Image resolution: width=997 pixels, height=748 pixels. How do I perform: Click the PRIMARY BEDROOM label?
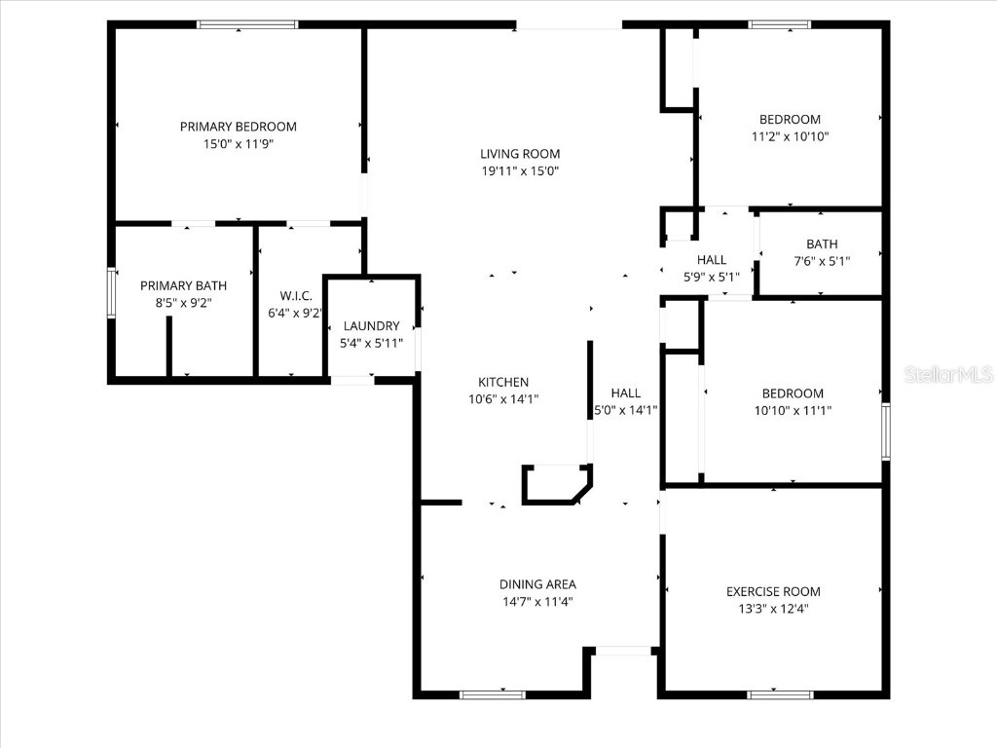tap(238, 127)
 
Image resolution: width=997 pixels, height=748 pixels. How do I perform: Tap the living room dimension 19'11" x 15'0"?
tap(520, 171)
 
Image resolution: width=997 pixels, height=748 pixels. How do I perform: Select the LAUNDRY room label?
tap(371, 325)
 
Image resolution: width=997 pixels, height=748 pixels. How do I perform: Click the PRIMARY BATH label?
tap(183, 285)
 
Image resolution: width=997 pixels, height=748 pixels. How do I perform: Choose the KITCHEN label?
tap(503, 382)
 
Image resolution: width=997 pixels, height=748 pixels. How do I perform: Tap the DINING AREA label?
tap(537, 584)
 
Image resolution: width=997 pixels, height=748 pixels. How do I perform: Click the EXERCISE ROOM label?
tap(773, 591)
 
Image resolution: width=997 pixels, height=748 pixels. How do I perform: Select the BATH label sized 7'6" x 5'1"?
tap(821, 243)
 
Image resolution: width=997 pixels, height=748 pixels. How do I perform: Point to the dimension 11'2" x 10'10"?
tap(790, 137)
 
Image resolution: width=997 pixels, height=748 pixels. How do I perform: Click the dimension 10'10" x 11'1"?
tap(792, 411)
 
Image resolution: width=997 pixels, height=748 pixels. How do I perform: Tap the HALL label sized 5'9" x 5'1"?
tap(712, 259)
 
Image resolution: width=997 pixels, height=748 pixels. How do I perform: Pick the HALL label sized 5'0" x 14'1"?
tap(625, 393)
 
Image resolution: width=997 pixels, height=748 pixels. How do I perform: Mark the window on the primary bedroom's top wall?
tap(247, 24)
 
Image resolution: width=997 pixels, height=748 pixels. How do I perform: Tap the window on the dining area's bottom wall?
tap(492, 694)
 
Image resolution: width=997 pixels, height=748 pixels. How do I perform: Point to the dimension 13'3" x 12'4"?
tap(773, 609)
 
